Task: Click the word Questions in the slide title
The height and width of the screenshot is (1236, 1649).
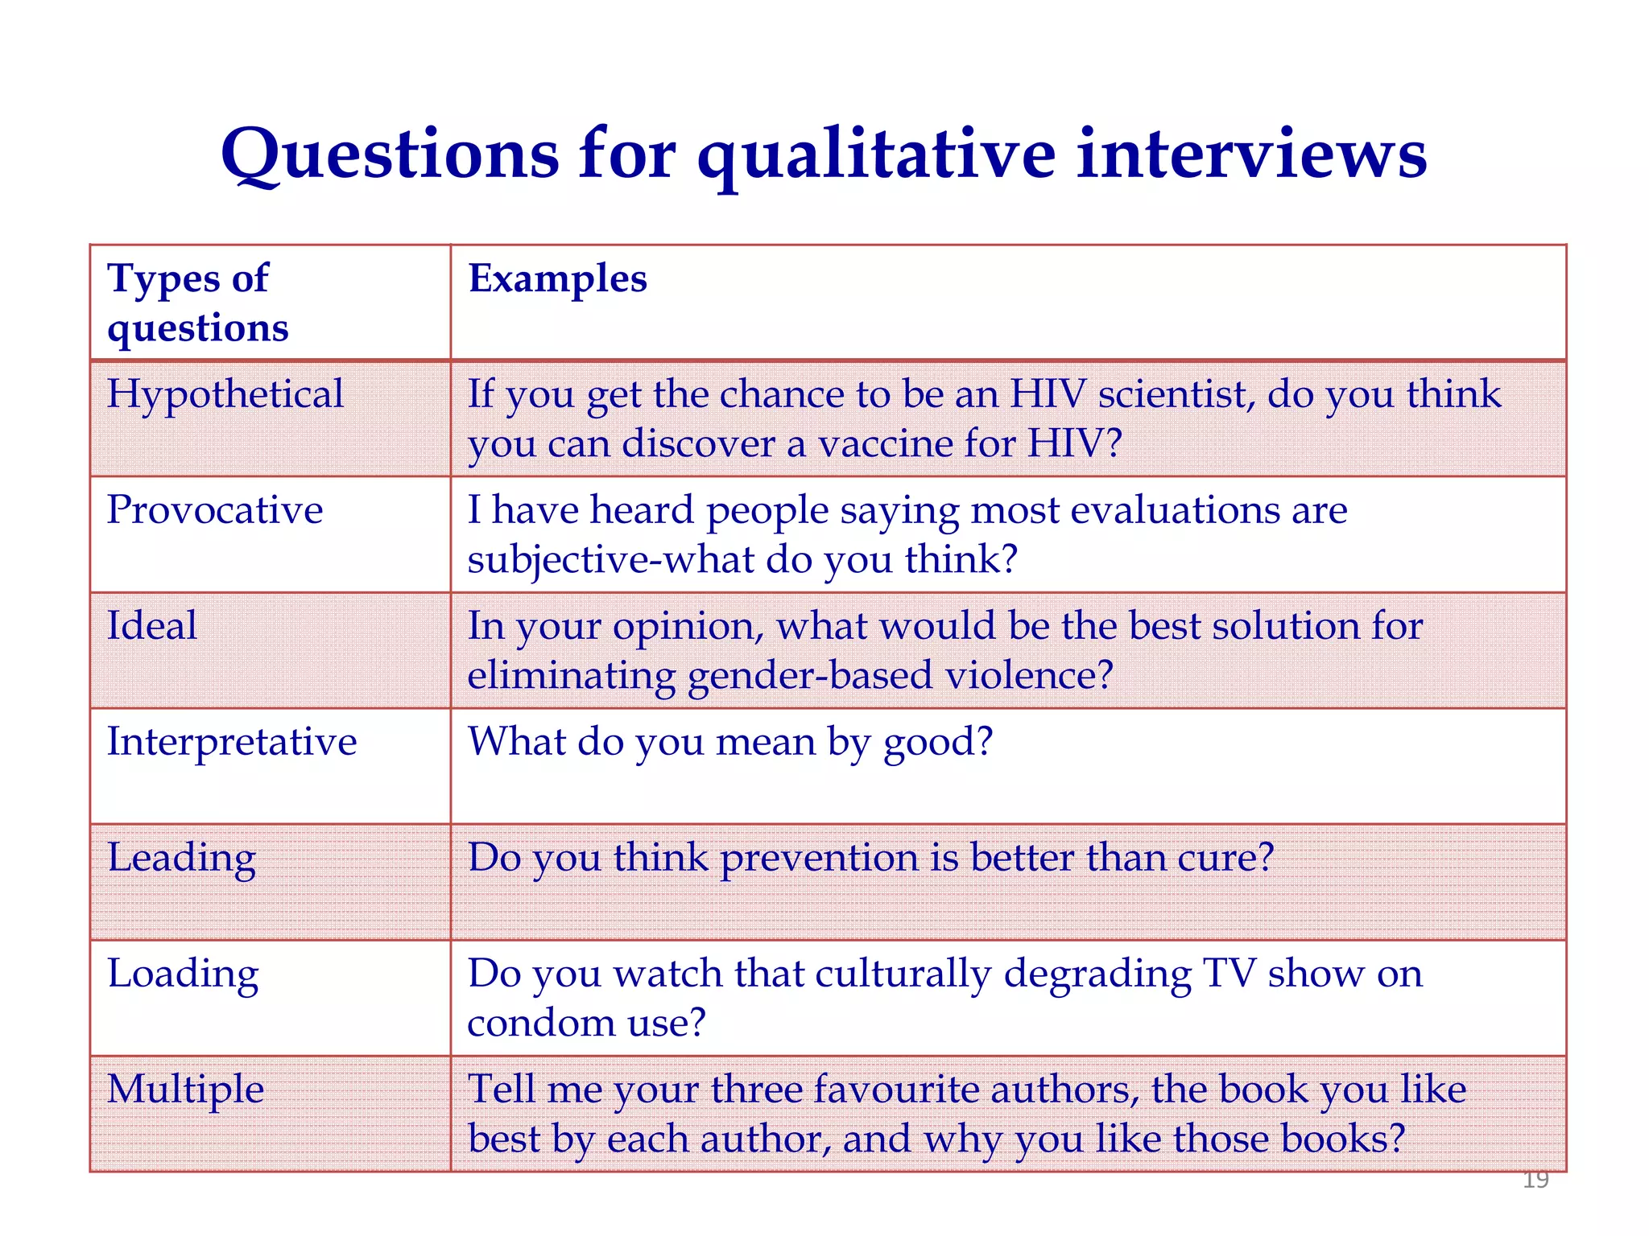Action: click(390, 154)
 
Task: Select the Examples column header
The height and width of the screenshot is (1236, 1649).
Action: click(557, 279)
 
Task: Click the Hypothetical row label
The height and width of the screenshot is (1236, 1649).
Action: click(225, 395)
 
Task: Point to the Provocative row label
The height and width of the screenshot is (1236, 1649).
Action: click(215, 510)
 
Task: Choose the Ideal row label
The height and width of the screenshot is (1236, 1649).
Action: click(152, 626)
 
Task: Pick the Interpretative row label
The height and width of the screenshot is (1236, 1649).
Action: click(232, 742)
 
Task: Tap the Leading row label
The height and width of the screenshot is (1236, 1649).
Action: click(182, 858)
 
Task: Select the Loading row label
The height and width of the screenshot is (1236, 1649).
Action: click(183, 974)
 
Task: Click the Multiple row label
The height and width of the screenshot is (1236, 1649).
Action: click(185, 1090)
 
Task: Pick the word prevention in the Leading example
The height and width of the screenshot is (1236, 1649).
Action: click(818, 858)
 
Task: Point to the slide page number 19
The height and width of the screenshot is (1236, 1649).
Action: click(1535, 1180)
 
